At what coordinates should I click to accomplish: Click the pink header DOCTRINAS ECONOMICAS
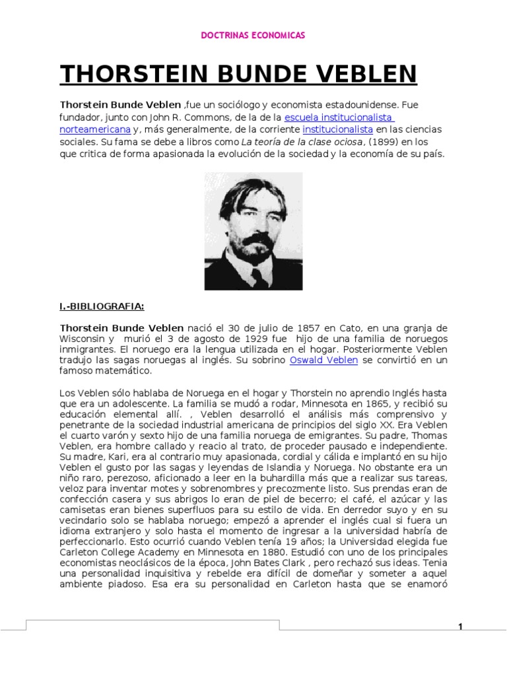point(253,35)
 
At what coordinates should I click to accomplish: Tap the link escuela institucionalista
point(339,118)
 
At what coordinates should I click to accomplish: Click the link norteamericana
point(95,129)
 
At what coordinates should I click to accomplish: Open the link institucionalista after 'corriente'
point(337,129)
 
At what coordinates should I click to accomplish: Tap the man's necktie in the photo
point(259,276)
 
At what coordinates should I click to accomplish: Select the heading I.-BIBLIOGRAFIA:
point(102,306)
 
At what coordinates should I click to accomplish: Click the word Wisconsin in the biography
point(83,339)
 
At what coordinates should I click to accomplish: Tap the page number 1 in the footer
point(461,627)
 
